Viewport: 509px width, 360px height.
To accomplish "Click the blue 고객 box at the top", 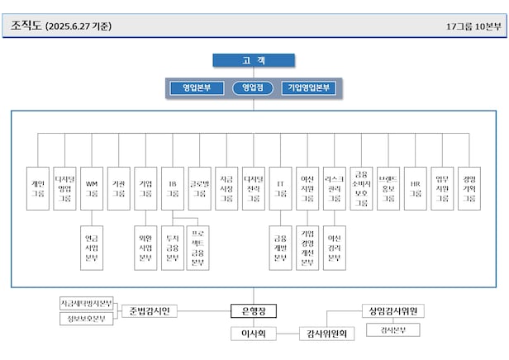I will [254, 60].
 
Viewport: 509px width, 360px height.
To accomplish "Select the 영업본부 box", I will [197, 88].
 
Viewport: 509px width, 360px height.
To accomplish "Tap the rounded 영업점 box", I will [254, 88].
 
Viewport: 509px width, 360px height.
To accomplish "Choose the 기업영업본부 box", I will [310, 88].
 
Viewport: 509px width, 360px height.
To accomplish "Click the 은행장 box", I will [253, 310].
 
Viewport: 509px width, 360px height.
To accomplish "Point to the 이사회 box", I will [253, 334].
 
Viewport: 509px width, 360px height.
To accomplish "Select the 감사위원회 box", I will [326, 334].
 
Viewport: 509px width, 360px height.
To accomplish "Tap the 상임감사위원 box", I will [392, 311].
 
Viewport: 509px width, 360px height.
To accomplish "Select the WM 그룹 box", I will [92, 187].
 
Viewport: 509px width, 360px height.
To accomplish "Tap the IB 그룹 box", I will [173, 187].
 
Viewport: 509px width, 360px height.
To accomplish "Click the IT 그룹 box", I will [280, 187].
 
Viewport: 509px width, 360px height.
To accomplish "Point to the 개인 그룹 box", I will [38, 187].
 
